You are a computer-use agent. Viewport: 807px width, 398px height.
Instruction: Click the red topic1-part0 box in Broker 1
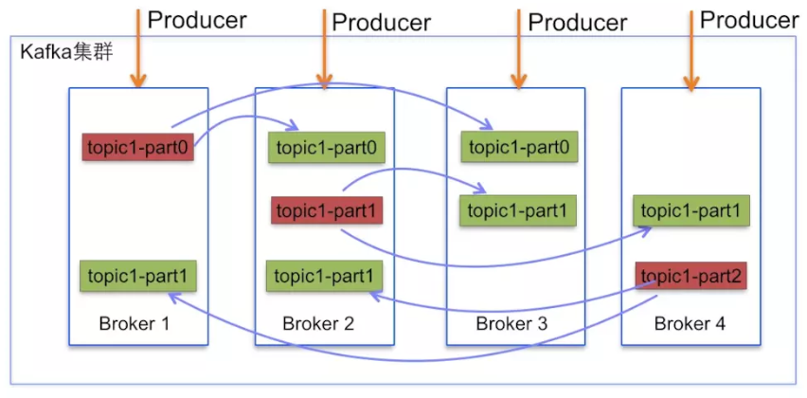point(138,147)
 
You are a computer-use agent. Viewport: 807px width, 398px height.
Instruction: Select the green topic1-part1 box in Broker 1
point(138,276)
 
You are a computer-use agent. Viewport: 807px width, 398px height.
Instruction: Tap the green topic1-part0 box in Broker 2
point(326,147)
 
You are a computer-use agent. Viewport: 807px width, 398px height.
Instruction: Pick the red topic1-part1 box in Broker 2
point(327,210)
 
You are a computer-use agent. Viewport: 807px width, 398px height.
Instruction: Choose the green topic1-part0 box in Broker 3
point(519,147)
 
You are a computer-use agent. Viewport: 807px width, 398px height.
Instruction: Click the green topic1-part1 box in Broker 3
point(518,210)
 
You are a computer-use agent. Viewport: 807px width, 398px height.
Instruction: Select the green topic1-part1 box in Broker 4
point(690,209)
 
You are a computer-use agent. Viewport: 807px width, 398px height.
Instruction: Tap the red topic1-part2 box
point(690,276)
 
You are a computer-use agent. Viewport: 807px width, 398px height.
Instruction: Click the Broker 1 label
point(134,323)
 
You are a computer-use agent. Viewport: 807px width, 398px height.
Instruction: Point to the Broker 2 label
point(318,323)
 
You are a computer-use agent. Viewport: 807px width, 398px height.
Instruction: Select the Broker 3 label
point(511,323)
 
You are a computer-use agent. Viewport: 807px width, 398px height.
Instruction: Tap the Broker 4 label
point(690,324)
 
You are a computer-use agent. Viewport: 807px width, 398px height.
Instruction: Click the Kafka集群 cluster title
point(66,52)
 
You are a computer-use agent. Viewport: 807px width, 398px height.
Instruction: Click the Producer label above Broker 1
point(198,20)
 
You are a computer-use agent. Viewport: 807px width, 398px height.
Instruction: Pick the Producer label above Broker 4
point(750,20)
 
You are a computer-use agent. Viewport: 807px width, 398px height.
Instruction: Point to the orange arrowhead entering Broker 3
point(519,81)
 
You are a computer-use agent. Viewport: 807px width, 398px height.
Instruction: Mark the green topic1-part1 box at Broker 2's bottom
point(324,276)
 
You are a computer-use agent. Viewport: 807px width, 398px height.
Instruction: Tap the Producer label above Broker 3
point(578,22)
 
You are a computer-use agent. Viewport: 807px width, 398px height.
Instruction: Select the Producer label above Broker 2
point(382,22)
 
